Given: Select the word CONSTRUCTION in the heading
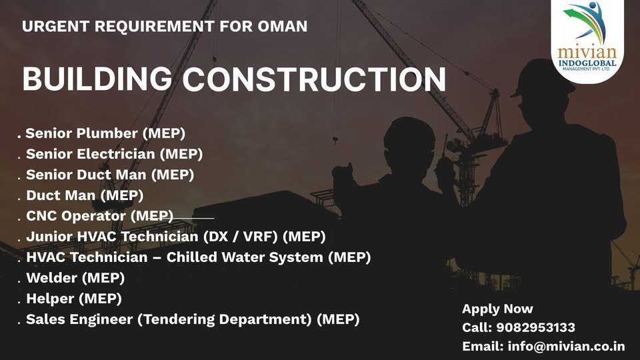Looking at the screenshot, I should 315,79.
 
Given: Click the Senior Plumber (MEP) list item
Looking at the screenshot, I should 105,133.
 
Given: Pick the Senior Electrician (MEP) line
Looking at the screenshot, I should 114,154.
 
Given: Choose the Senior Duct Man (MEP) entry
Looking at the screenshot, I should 110,175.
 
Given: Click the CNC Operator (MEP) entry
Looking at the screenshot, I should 99,216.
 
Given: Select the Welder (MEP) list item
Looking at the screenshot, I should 75,277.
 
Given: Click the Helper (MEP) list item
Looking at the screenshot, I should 74,298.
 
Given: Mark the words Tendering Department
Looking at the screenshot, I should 225,319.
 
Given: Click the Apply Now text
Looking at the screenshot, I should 497,309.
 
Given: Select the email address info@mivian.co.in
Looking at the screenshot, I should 566,346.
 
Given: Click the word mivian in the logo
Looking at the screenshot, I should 587,53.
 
